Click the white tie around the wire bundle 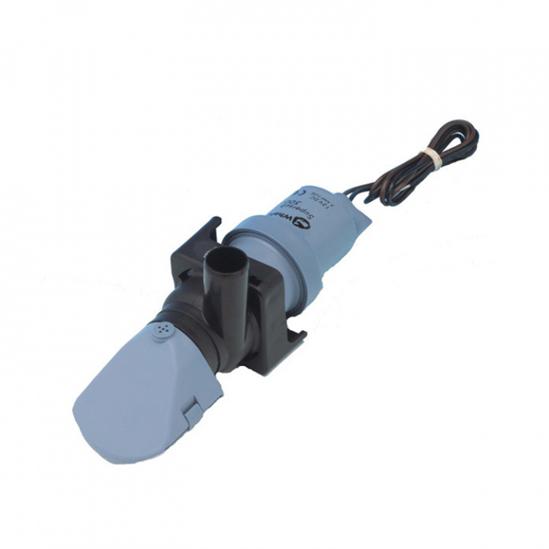click(x=432, y=158)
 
